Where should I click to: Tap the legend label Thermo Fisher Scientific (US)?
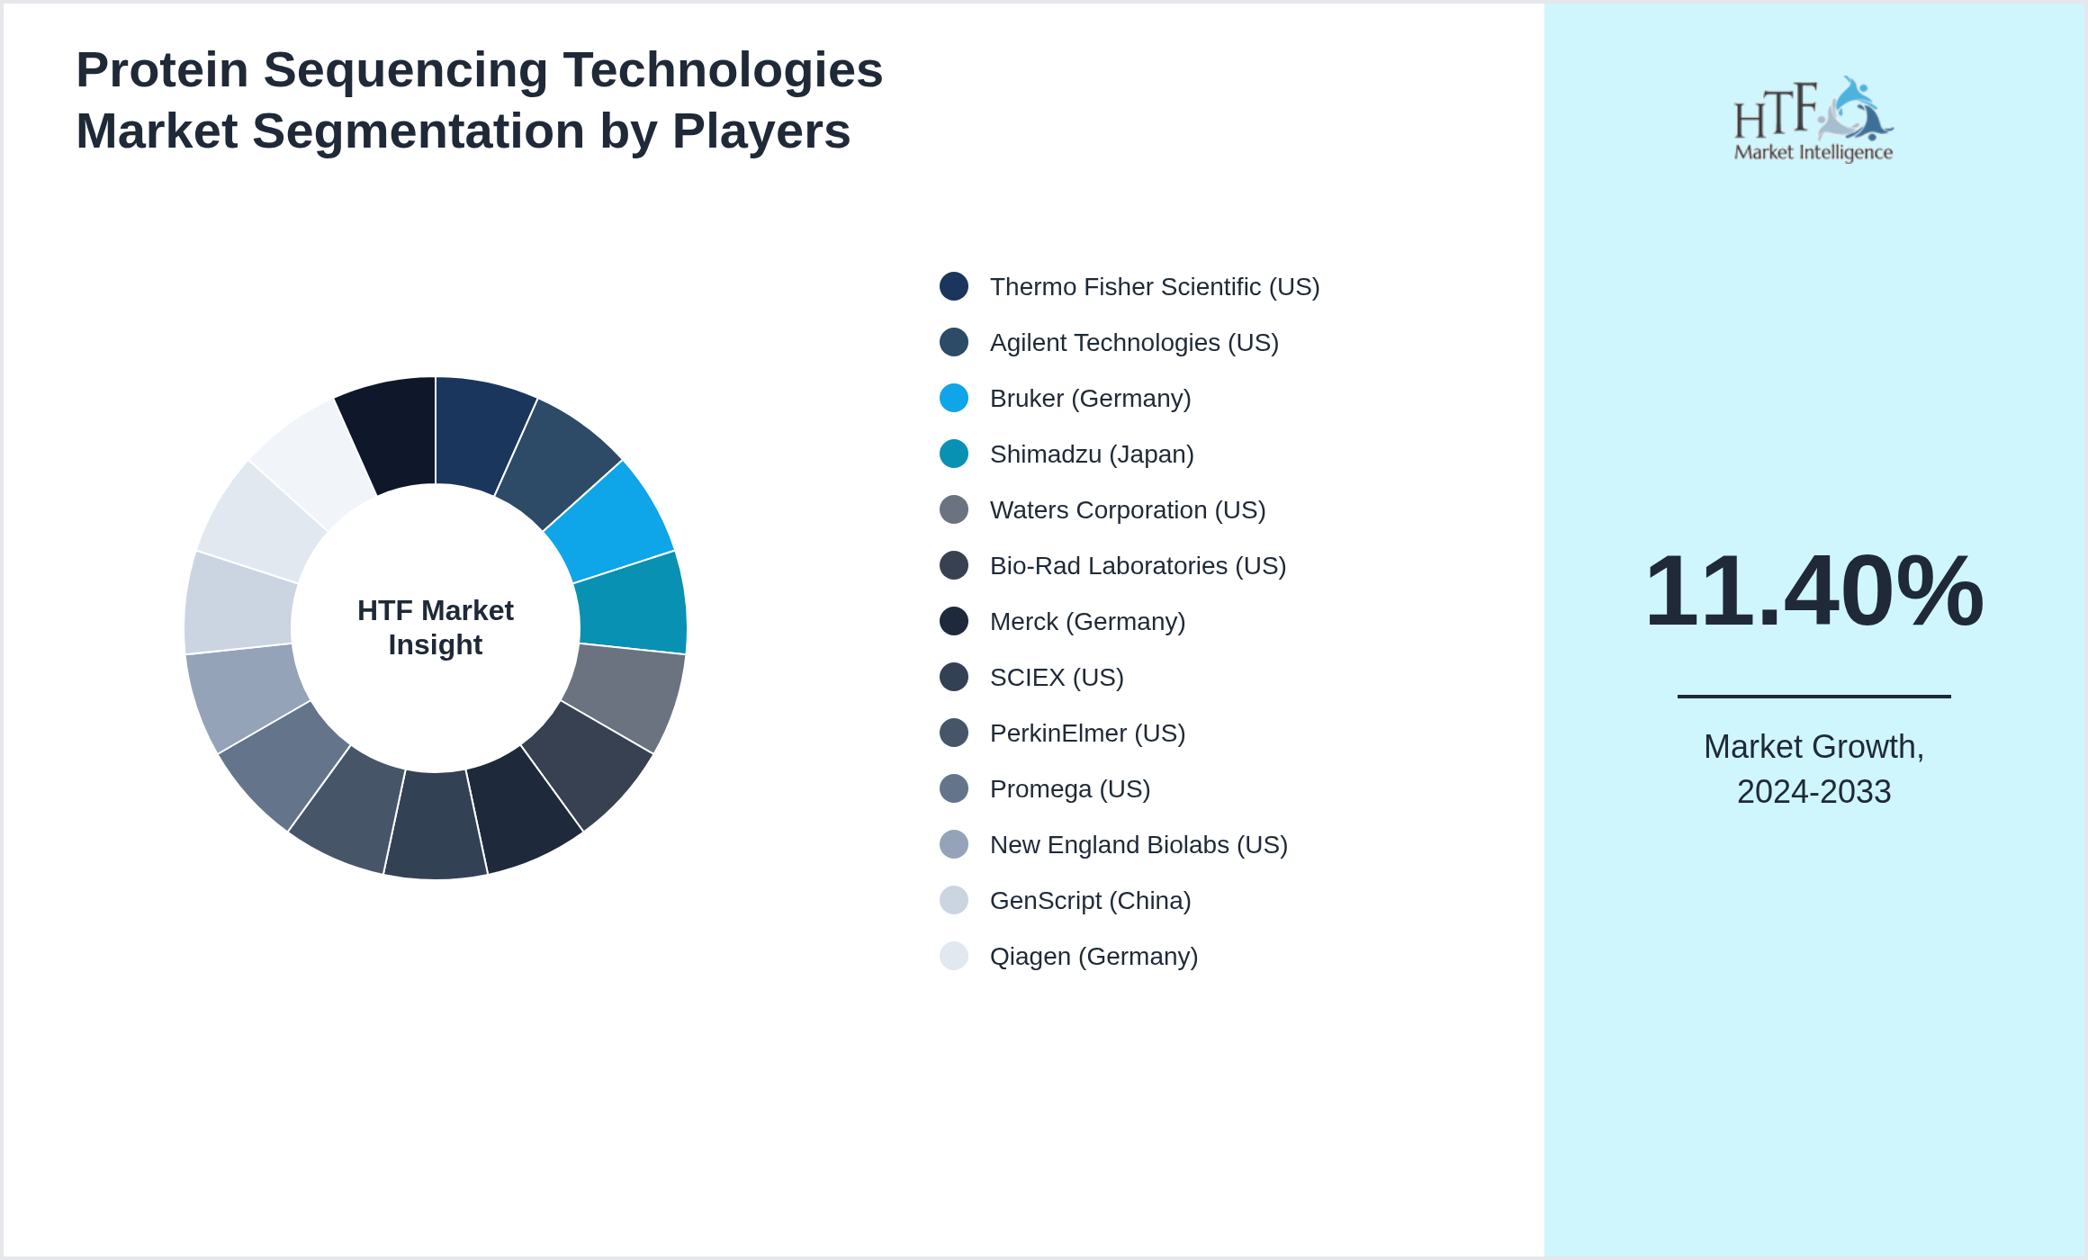1154,286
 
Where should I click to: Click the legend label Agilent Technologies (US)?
1133,342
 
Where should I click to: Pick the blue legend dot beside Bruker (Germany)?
953,398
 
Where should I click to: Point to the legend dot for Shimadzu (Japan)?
953,454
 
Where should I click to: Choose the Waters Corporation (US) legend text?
1127,509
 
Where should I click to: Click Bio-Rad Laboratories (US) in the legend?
1138,565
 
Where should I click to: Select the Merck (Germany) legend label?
1086,621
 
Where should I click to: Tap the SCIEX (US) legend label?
1056,677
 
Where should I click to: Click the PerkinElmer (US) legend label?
1086,733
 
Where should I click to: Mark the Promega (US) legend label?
1069,788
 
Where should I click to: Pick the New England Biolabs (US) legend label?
1138,844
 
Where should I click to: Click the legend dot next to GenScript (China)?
953,900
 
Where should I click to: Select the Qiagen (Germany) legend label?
1093,956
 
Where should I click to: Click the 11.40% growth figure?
1813,591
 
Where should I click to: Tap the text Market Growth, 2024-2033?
1813,769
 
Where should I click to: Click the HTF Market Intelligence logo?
1813,120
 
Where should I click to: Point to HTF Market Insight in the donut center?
436,627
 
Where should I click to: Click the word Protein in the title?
162,70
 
